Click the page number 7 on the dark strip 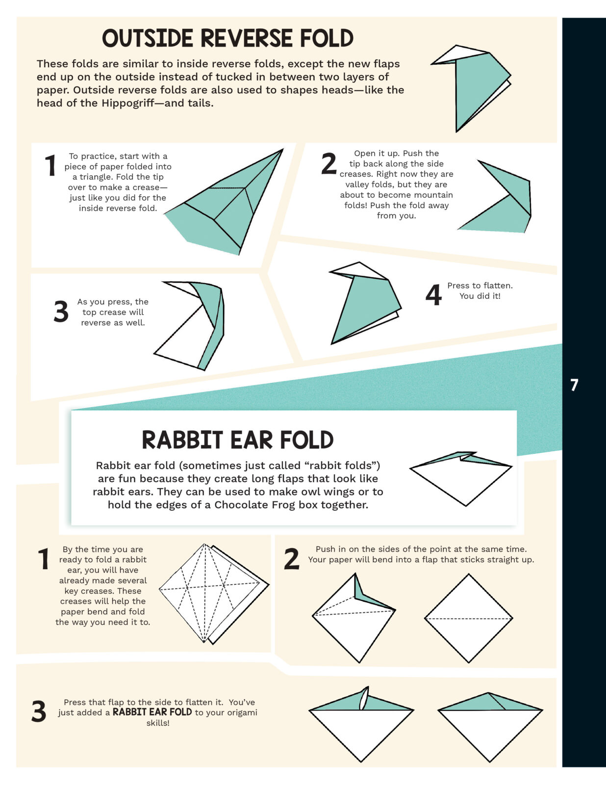point(574,385)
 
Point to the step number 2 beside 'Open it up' point(328,164)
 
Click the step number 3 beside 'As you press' point(61,312)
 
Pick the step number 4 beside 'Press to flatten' point(433,295)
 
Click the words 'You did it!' point(480,296)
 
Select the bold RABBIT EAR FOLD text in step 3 point(152,712)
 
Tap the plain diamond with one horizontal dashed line point(468,618)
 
